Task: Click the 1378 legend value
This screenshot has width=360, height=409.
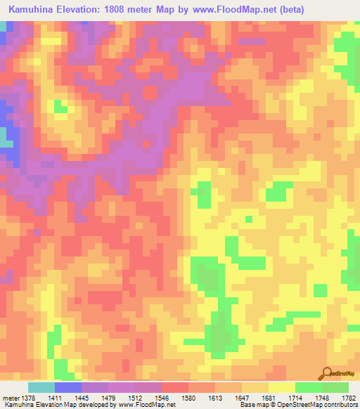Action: (x=28, y=398)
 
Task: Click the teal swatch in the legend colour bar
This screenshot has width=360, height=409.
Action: (x=41, y=387)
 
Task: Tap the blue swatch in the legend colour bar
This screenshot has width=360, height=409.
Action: (x=68, y=387)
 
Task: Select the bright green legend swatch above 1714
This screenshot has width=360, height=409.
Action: (x=308, y=387)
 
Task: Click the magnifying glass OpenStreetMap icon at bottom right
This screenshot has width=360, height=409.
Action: (x=326, y=374)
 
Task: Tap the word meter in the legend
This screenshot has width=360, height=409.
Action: (x=11, y=398)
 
